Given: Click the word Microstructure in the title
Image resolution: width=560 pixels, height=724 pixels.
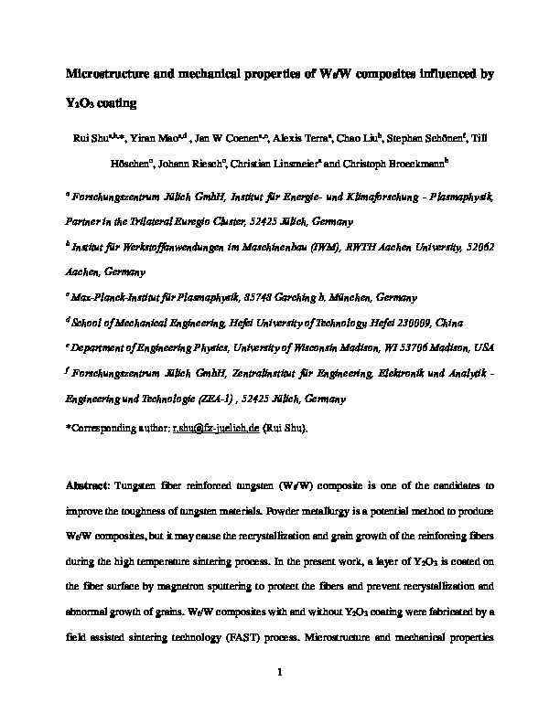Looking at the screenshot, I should click(113, 74).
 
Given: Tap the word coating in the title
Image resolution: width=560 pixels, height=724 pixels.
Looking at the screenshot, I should click(113, 103).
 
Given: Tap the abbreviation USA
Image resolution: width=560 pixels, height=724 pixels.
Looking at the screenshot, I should click(483, 349).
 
